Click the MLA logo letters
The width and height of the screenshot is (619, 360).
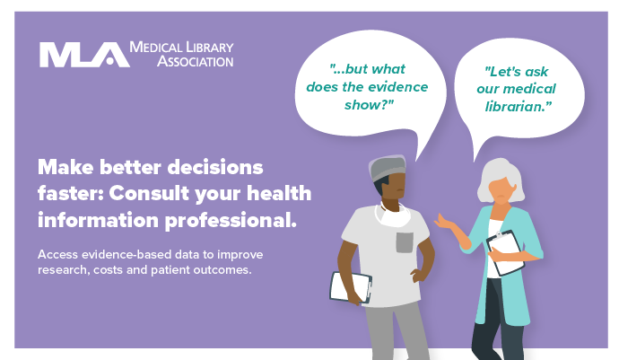coord(84,55)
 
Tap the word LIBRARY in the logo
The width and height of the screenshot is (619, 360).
coord(210,48)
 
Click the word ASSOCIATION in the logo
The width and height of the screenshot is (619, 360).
coord(195,61)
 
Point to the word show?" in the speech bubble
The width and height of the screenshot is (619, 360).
coord(369,105)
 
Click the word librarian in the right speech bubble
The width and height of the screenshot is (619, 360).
coord(518,106)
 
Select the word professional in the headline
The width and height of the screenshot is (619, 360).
coord(231,221)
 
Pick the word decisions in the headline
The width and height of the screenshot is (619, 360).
coord(215,167)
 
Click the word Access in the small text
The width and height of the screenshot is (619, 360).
coord(57,254)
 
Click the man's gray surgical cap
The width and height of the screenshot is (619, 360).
coord(388,168)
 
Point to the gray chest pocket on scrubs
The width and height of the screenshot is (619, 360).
coord(405,242)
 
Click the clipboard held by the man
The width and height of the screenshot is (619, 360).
coord(352,287)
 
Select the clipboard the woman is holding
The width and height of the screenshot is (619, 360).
coord(506,253)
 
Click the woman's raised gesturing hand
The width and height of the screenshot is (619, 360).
coord(444,222)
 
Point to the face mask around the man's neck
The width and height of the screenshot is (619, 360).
coord(393,215)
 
